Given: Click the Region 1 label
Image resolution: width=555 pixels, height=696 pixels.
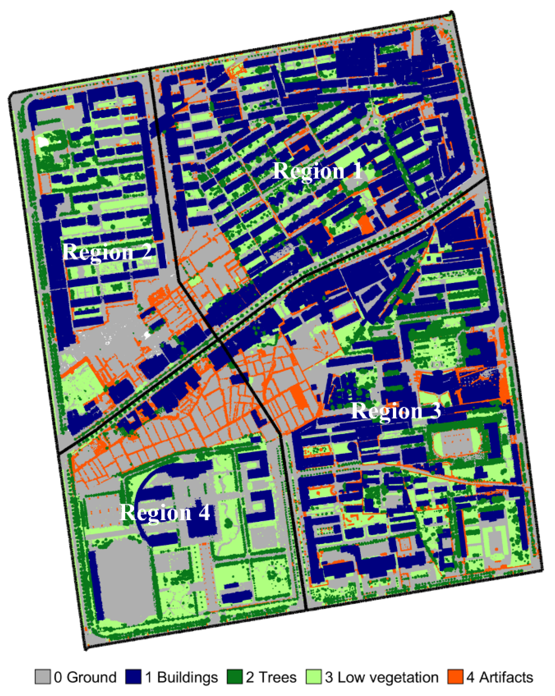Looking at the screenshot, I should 318,171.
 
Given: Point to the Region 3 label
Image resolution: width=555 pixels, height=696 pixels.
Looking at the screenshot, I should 396,411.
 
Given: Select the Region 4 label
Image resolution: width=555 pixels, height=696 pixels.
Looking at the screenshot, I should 165,512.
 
